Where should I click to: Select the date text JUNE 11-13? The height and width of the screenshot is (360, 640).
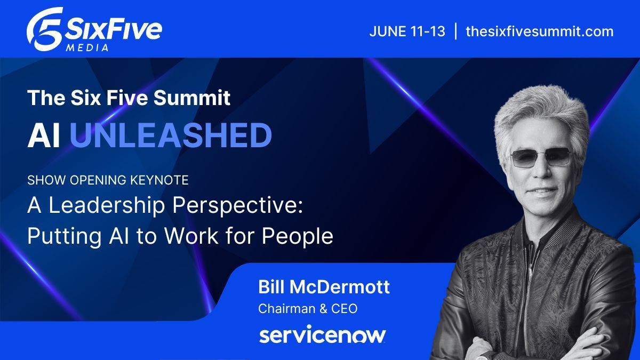click(407, 31)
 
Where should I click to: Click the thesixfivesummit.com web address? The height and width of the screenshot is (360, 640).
click(539, 31)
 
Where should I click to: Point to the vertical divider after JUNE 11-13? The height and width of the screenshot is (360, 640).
click(455, 31)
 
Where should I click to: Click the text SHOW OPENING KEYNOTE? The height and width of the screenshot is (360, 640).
click(108, 180)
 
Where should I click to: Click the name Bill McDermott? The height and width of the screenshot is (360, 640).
click(324, 287)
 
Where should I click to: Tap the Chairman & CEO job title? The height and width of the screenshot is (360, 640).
click(308, 308)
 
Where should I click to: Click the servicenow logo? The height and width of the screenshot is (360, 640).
click(322, 335)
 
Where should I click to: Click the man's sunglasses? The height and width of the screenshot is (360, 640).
click(542, 157)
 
